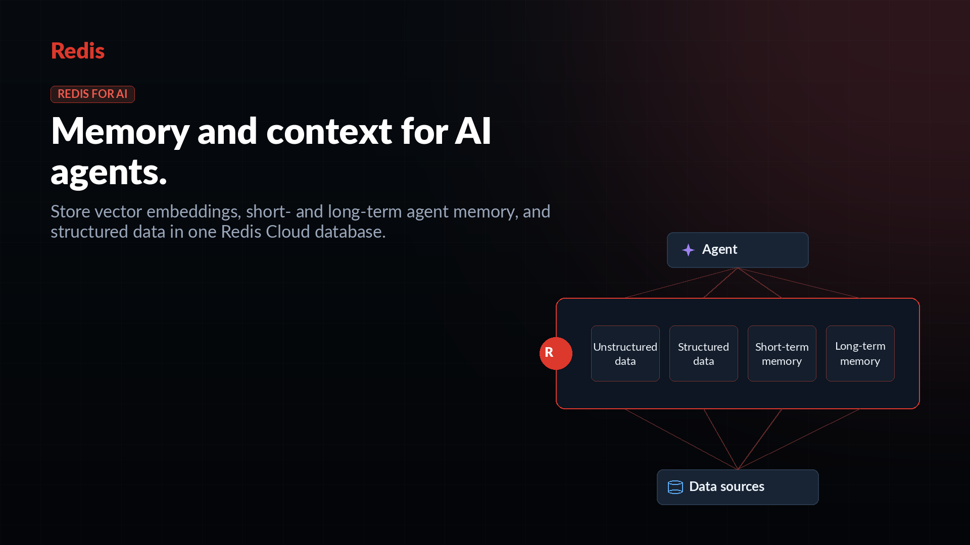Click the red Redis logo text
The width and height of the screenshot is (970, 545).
tap(78, 51)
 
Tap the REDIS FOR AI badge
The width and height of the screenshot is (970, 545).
tap(92, 94)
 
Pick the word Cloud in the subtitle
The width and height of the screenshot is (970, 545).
tap(287, 232)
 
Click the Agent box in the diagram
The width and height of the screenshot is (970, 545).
tap(738, 250)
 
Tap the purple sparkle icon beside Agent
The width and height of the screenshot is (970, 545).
tap(688, 250)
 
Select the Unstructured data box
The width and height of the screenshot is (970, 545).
tap(625, 353)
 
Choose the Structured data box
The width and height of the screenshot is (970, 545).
tap(704, 353)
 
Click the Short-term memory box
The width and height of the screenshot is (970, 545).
tap(782, 353)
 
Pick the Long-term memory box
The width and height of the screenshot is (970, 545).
tap(860, 353)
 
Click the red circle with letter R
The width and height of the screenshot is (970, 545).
tap(556, 353)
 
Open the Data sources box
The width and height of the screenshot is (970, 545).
tap(738, 487)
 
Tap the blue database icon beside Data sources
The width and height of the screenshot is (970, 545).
tap(675, 487)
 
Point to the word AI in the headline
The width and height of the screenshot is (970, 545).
tap(473, 131)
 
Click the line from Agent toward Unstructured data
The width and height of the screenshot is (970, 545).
tap(682, 283)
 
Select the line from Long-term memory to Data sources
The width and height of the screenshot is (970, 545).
tap(799, 439)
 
